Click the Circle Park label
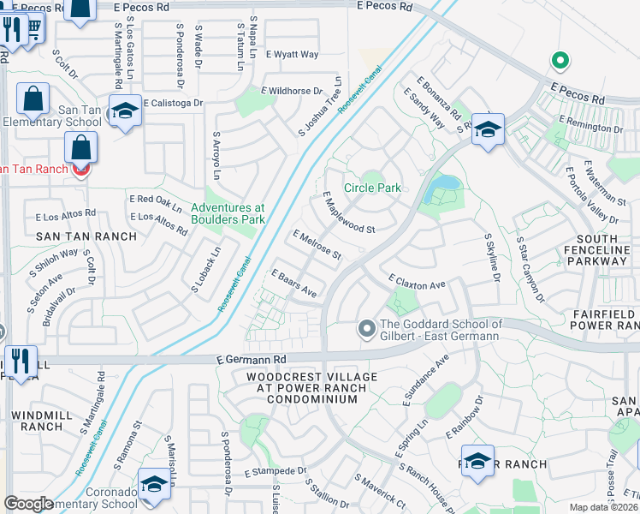pos(372,188)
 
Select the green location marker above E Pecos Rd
pos(560,61)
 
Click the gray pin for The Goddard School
pos(366,329)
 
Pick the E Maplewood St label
pos(348,212)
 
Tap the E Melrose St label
pos(317,245)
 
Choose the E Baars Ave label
pos(294,284)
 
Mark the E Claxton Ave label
pos(417,282)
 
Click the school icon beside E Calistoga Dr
pos(126,112)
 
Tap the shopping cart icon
pos(34,28)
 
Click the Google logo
pos(29,504)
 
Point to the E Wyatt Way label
pos(292,54)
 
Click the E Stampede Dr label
pos(275,471)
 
